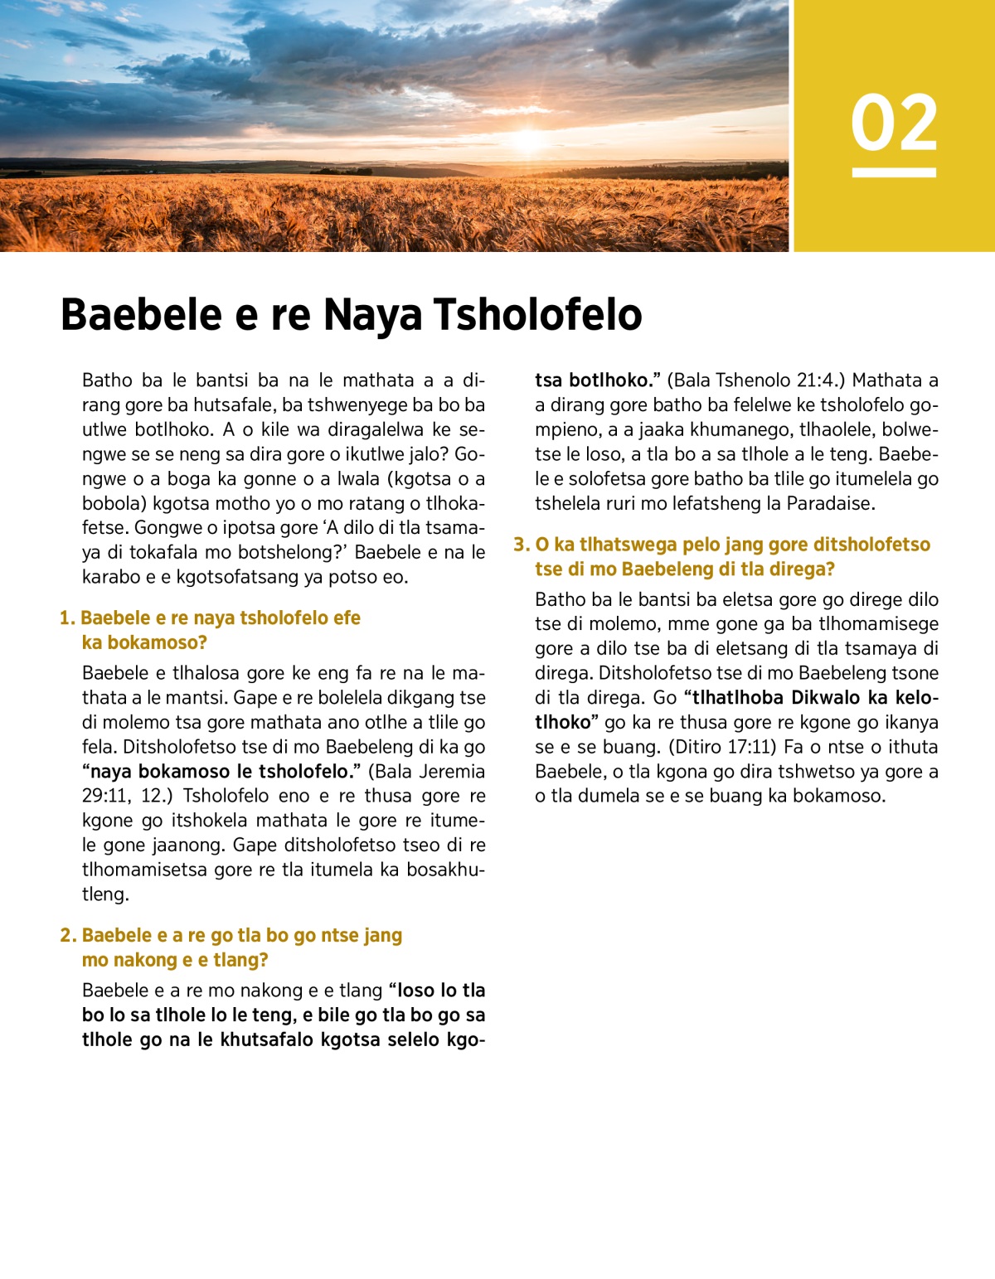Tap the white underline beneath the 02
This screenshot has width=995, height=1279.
click(894, 172)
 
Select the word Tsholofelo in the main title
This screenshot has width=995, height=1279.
click(538, 315)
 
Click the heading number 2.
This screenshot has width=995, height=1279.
click(68, 936)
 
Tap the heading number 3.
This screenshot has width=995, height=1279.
click(521, 545)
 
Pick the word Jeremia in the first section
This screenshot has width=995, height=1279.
click(452, 772)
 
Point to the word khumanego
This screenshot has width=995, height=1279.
click(730, 430)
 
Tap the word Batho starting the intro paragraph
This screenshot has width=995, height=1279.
click(107, 380)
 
